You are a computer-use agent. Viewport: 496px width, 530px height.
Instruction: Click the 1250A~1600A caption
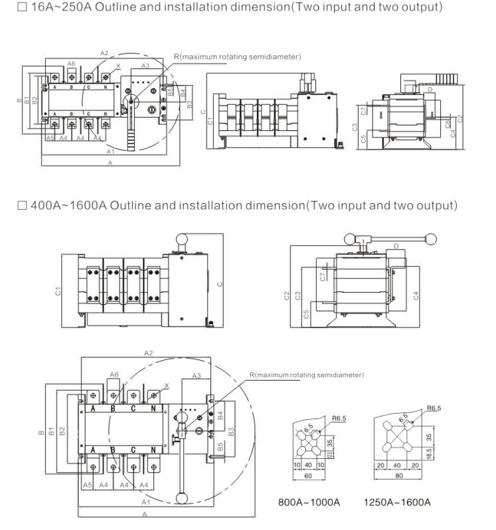pyautogui.click(x=397, y=501)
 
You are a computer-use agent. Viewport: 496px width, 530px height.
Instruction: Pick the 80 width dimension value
pyautogui.click(x=397, y=477)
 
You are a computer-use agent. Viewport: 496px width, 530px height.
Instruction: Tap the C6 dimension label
pyautogui.click(x=448, y=123)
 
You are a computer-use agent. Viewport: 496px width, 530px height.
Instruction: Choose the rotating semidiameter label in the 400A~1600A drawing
pyautogui.click(x=307, y=375)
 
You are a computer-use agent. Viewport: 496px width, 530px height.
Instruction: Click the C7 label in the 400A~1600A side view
pyautogui.click(x=321, y=277)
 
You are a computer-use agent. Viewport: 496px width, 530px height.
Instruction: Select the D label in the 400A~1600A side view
pyautogui.click(x=396, y=247)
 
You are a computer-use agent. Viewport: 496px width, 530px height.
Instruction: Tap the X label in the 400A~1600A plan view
pyautogui.click(x=165, y=385)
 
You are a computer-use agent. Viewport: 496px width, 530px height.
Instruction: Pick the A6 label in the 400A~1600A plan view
pyautogui.click(x=114, y=375)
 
